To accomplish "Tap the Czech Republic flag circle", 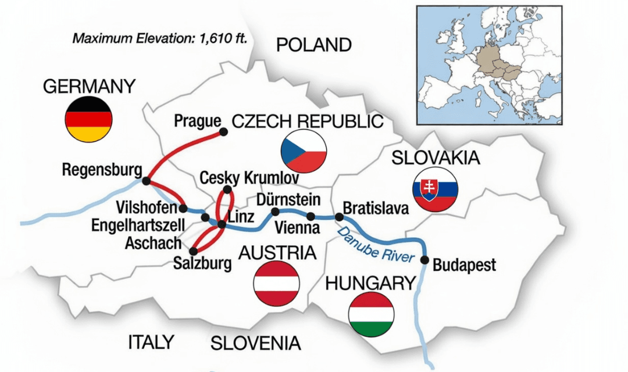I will [304, 151].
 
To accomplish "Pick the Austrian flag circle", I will [276, 283].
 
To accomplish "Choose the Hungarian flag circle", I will [370, 314].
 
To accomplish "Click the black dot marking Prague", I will [225, 132].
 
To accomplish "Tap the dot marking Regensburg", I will [146, 181].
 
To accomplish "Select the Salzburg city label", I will [202, 263].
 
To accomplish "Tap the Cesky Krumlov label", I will [249, 177].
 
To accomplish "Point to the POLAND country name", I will [313, 45].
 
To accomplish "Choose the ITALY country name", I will [151, 342].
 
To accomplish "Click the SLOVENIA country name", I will [256, 343].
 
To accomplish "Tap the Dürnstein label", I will [288, 200].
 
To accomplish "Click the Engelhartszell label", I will [138, 225].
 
